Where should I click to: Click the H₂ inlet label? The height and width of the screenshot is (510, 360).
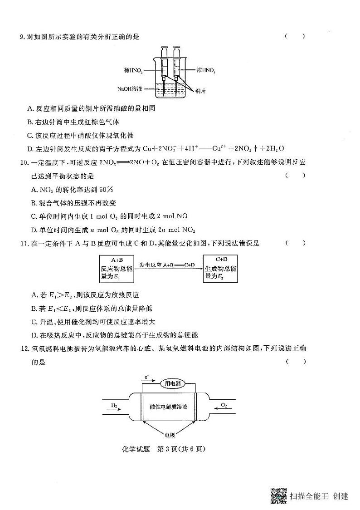[114, 404]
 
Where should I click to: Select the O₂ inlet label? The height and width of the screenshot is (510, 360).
[224, 404]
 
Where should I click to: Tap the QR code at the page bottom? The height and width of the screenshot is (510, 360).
[278, 495]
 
